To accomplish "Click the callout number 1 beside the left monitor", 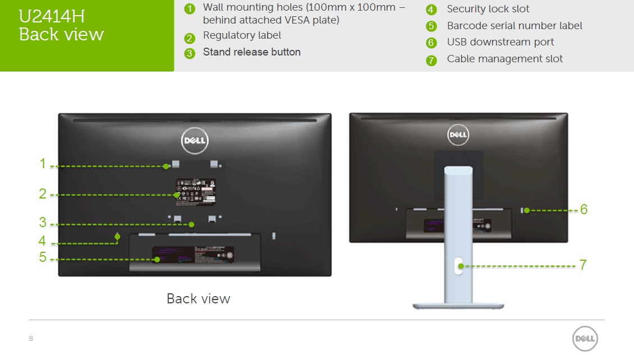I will click(42, 164).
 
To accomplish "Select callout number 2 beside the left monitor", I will click(43, 194).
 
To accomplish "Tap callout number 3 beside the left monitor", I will click(43, 223).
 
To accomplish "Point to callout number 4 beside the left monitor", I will click(43, 241).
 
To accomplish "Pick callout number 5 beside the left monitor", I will click(43, 258).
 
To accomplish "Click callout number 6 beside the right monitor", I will click(584, 210).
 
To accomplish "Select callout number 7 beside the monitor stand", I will click(583, 265).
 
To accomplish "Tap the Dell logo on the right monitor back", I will click(458, 135).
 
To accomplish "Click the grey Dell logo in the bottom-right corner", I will click(585, 339).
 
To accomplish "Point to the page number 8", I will click(31, 338).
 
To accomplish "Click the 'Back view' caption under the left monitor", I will click(198, 298).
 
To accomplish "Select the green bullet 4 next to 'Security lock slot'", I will click(431, 10).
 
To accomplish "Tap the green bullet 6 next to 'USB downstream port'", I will click(431, 43).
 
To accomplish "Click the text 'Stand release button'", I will click(252, 52).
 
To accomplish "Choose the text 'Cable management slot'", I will click(504, 59).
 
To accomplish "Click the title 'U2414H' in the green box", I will click(52, 16).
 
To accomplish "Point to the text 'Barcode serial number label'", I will click(514, 26).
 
